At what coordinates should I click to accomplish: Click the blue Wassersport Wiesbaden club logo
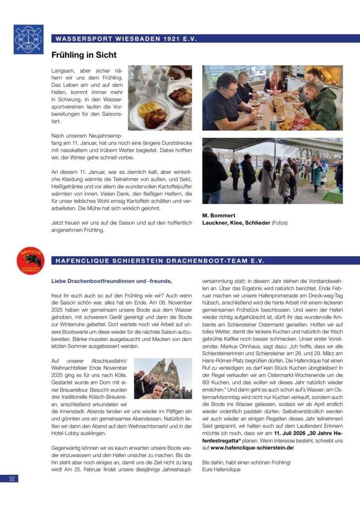28,39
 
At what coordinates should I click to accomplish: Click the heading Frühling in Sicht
84,55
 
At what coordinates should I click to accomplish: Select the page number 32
11,479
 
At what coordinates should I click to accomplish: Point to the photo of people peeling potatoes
272,97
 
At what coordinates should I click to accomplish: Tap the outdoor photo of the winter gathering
272,170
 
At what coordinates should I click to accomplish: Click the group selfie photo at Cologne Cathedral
163,379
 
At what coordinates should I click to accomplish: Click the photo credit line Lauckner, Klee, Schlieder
236,223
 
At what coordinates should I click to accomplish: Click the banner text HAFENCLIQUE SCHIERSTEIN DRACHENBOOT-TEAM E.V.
160,260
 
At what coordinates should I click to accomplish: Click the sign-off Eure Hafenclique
221,469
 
